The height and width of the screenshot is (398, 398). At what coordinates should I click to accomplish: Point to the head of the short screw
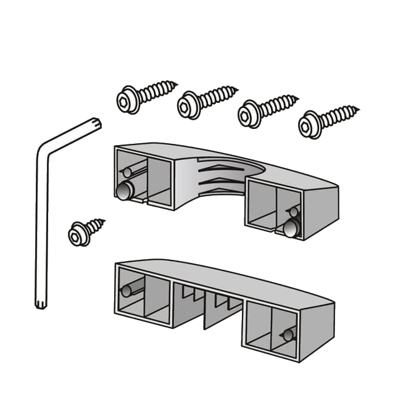(78, 234)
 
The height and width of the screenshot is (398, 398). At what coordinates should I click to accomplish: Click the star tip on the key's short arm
(96, 122)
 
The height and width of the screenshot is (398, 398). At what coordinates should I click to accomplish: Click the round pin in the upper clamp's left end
(124, 192)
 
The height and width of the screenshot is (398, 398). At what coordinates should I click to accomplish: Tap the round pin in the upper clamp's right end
(291, 230)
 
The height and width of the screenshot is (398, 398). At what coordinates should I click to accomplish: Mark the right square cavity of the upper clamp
(262, 207)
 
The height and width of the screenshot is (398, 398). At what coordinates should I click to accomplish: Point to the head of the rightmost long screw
(309, 125)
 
